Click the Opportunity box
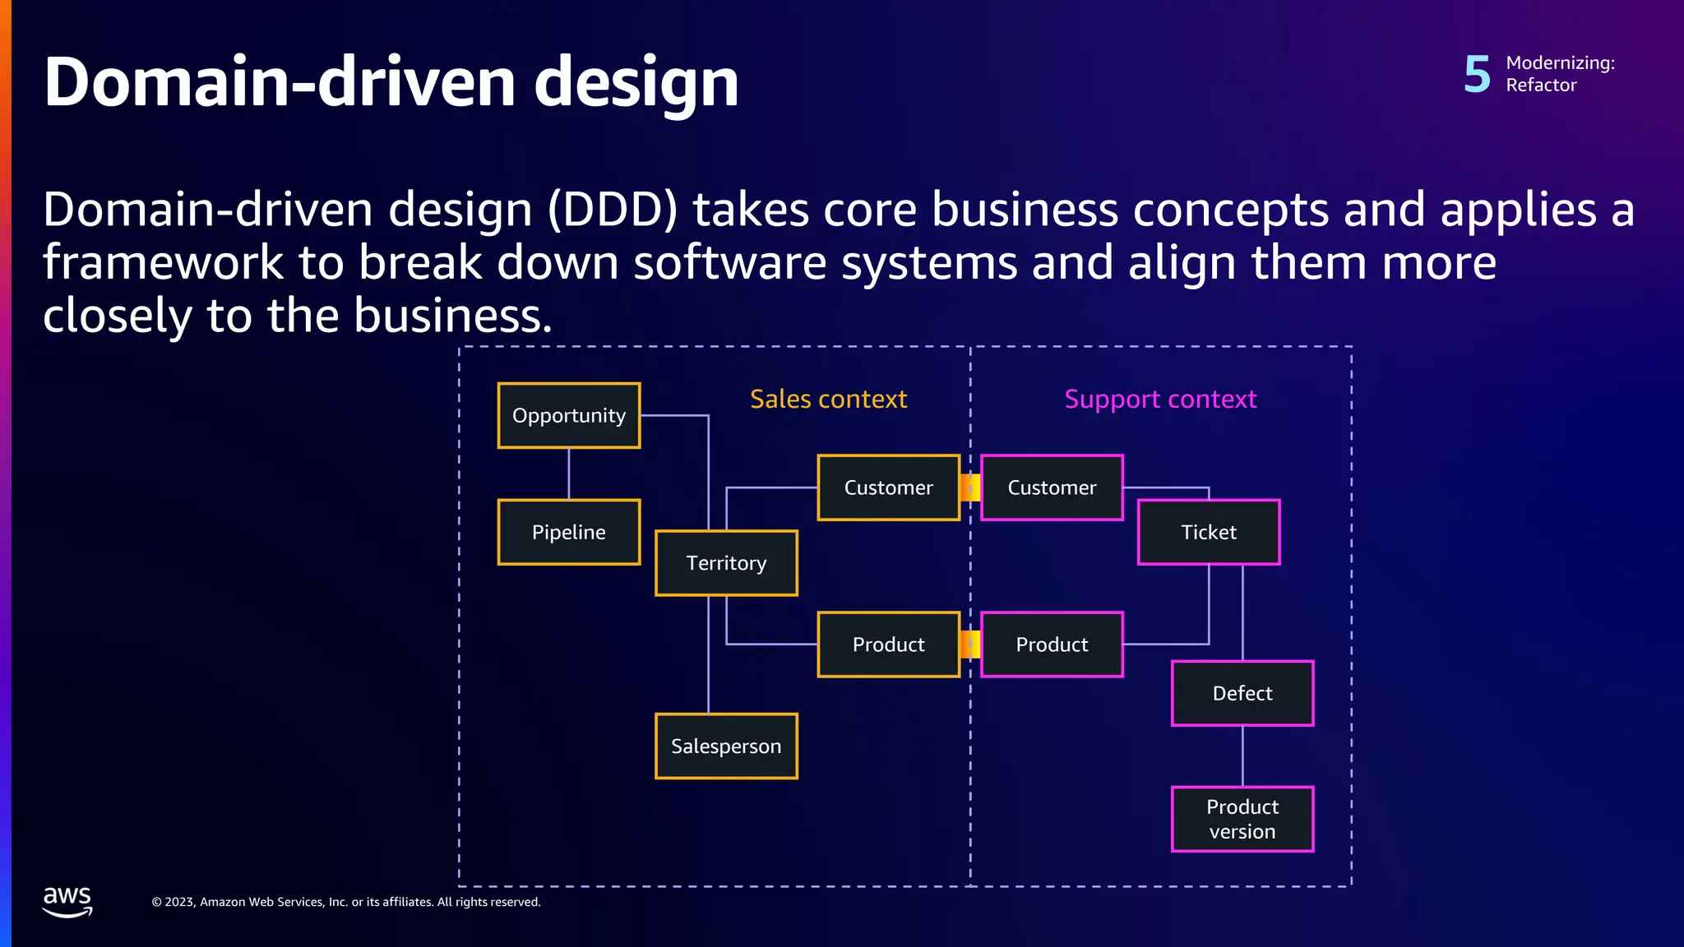click(568, 416)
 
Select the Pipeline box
click(568, 532)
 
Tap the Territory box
click(726, 563)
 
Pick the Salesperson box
click(726, 746)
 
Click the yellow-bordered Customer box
click(888, 487)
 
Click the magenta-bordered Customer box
click(1052, 487)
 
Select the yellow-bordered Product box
click(888, 644)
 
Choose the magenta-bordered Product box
click(1052, 644)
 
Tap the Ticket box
click(1209, 532)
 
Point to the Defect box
click(1242, 693)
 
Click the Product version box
click(1242, 819)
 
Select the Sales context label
click(828, 400)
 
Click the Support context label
click(1160, 400)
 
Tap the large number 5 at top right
click(1477, 74)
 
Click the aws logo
click(67, 901)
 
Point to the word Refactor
click(1541, 85)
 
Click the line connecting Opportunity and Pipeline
click(569, 473)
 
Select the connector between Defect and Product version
click(1242, 756)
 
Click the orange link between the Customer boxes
click(970, 487)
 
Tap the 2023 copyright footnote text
click(345, 902)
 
